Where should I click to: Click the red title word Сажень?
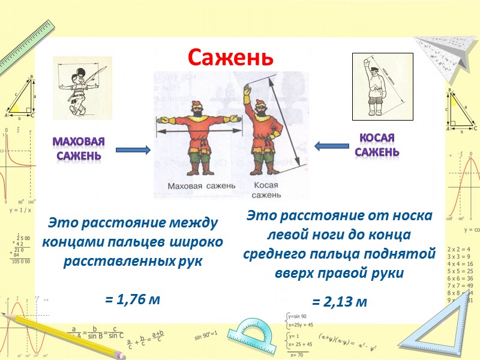tap(230, 57)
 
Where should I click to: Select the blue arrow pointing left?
tap(332, 146)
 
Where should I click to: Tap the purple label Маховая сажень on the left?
tap(79, 149)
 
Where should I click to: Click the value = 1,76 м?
tap(133, 298)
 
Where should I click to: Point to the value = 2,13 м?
tap(339, 302)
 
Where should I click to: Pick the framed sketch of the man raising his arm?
tap(382, 87)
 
